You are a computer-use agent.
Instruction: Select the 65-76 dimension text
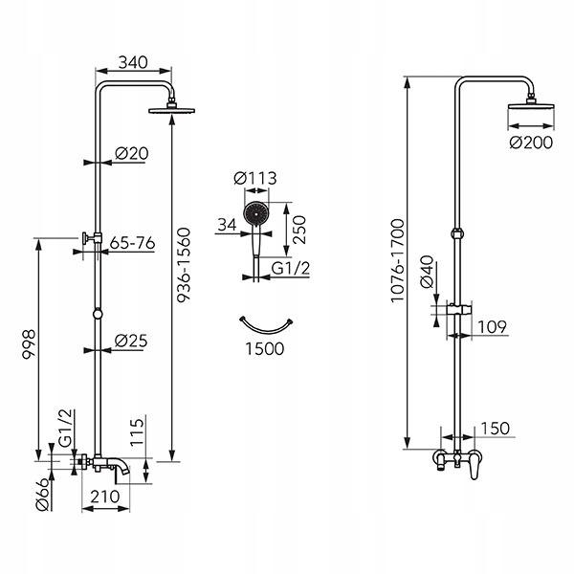132,243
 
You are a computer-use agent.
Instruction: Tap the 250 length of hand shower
299,230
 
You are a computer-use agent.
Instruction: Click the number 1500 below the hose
264,348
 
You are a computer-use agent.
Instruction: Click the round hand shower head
255,213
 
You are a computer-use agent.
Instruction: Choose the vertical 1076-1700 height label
396,260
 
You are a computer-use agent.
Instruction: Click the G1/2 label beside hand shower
291,268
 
